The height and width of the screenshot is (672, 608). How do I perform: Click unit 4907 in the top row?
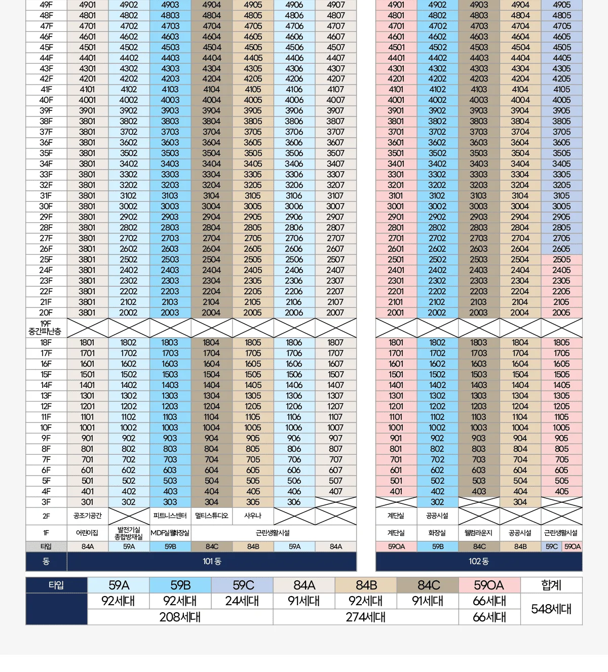click(335, 5)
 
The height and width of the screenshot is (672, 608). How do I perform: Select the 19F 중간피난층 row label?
click(46, 328)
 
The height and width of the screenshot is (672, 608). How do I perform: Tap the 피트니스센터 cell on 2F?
click(170, 516)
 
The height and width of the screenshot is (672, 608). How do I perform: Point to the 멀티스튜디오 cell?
click(211, 516)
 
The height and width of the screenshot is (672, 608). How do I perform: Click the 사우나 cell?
click(253, 516)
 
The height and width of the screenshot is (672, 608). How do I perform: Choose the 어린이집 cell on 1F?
click(87, 533)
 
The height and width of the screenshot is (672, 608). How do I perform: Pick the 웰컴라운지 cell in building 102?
click(479, 533)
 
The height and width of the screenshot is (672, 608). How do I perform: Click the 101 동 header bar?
click(212, 562)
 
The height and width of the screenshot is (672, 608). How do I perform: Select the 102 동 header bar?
click(479, 562)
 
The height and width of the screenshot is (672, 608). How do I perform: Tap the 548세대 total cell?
click(551, 609)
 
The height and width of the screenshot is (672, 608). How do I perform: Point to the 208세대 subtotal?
click(180, 617)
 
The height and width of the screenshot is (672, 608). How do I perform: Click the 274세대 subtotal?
click(366, 617)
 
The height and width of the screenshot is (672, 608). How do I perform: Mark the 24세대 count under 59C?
click(242, 601)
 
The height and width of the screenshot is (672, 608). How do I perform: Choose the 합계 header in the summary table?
click(551, 585)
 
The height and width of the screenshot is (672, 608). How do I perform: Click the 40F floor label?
click(46, 100)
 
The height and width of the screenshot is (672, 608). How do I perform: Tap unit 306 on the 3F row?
click(294, 502)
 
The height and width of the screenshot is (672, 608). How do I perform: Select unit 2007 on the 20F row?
click(335, 312)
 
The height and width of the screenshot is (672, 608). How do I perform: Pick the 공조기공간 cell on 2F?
click(87, 516)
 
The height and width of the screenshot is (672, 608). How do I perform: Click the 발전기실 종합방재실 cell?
click(129, 533)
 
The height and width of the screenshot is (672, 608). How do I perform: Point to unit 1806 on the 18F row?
click(294, 343)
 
